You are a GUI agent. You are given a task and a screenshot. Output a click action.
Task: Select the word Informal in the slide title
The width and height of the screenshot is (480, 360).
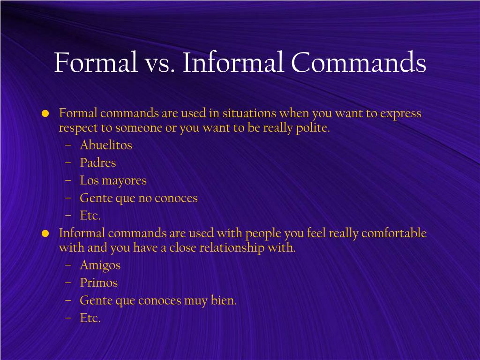(x=233, y=62)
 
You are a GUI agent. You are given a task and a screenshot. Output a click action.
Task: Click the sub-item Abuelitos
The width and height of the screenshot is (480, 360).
(x=106, y=145)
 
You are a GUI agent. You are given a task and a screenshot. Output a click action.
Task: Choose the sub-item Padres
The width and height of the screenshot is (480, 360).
(x=97, y=163)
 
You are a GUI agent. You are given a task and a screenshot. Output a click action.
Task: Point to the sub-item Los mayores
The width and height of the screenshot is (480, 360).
(x=113, y=181)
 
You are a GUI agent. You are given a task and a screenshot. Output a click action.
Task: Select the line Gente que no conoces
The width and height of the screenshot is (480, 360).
(x=139, y=198)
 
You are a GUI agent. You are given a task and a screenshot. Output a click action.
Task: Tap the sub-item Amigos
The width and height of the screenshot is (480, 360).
(x=100, y=265)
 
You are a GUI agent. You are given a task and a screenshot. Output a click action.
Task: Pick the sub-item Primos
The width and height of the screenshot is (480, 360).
(x=98, y=283)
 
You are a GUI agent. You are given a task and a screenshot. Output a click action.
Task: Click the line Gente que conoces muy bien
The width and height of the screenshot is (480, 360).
(x=158, y=301)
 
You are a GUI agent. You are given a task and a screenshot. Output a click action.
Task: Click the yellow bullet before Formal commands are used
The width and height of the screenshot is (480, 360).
(x=45, y=113)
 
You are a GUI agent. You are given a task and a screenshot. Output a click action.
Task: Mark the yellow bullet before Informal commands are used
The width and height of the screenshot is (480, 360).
(x=45, y=233)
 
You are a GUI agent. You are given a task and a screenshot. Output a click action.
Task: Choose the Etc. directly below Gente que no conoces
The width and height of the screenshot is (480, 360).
(x=90, y=216)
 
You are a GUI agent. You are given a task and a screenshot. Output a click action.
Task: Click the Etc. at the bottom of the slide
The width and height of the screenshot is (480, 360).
(x=90, y=318)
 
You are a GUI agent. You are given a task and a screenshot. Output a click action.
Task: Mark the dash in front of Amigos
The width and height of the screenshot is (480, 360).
(x=68, y=265)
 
